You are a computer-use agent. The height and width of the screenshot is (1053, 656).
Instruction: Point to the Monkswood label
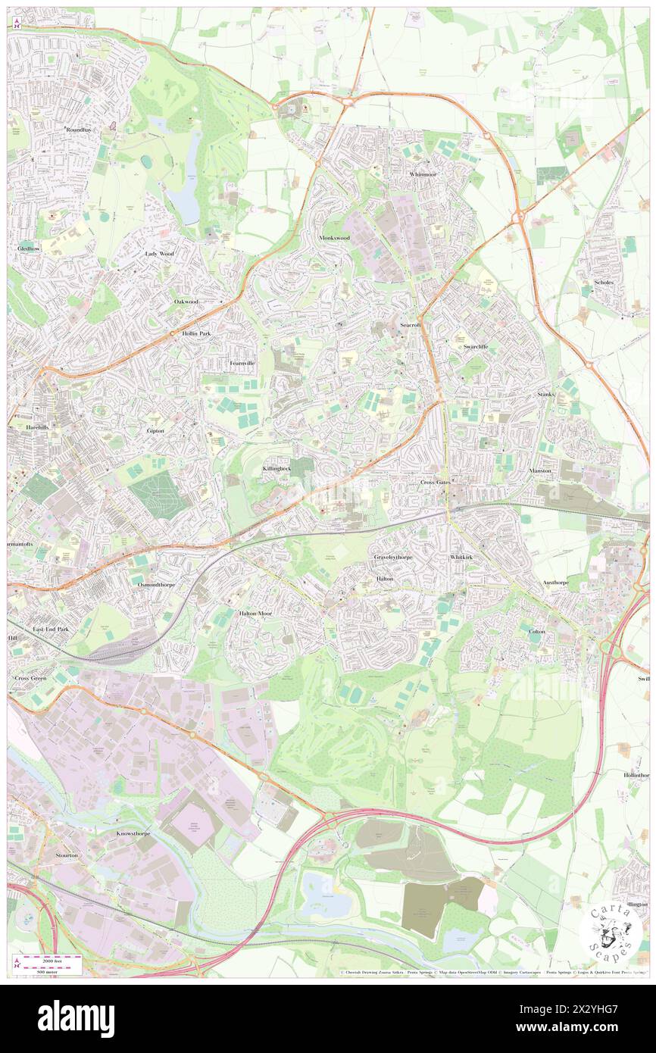[334, 237]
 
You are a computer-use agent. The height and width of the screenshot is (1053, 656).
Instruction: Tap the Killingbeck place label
[276, 469]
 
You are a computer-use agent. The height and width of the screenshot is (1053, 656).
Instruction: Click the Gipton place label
[155, 430]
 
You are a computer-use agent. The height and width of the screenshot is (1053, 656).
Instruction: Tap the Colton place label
[537, 631]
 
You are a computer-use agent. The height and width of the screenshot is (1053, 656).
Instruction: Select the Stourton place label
[67, 855]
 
